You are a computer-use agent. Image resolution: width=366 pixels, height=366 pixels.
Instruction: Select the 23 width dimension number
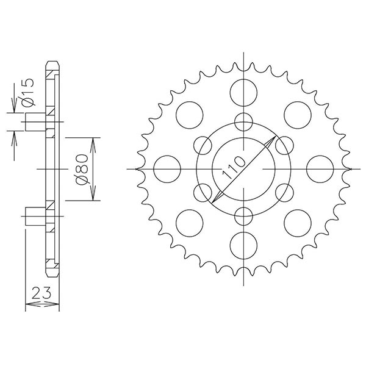42,292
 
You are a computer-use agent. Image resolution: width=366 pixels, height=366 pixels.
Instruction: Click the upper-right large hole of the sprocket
297,115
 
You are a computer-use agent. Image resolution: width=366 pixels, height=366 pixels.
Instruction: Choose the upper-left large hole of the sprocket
190,115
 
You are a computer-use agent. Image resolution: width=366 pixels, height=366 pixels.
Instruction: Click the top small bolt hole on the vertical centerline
243,121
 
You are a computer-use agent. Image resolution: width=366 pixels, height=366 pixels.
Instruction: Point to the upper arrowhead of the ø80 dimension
92,142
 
